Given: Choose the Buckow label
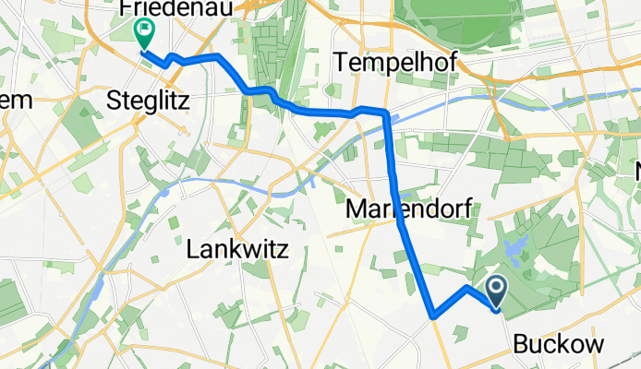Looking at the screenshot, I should pyautogui.click(x=559, y=345).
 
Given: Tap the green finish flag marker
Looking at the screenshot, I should pyautogui.click(x=145, y=34).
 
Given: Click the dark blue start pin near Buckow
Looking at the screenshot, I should pyautogui.click(x=496, y=291).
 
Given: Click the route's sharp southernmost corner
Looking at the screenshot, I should pyautogui.click(x=433, y=315).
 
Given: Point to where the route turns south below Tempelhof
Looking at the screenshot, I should pyautogui.click(x=386, y=115).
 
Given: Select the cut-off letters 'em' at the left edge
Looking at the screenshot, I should pyautogui.click(x=17, y=99).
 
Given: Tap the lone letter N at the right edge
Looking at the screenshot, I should pyautogui.click(x=635, y=171).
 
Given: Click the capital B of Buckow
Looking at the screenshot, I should pyautogui.click(x=519, y=345).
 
